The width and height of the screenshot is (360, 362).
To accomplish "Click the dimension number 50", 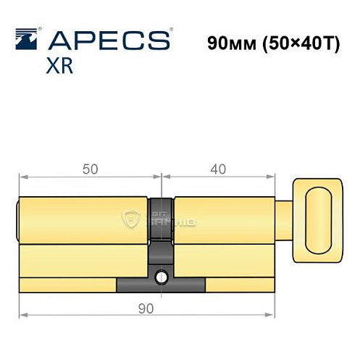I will click(90, 169).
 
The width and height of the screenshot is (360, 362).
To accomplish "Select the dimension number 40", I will click(218, 169).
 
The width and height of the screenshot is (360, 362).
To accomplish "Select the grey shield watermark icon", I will click(133, 216).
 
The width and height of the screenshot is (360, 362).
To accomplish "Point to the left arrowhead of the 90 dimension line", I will click(22, 314).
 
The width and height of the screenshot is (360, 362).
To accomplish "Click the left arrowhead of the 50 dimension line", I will click(22, 177).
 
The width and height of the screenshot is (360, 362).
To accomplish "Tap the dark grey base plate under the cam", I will click(161, 287).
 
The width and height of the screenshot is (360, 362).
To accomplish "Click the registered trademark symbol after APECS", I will click(171, 31).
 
